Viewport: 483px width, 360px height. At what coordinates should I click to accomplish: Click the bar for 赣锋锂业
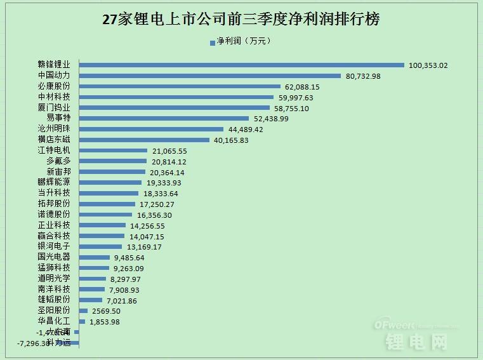(x=241, y=65)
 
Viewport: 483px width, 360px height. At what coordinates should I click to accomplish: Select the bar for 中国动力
(x=209, y=76)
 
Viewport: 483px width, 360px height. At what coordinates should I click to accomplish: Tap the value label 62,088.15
(x=302, y=86)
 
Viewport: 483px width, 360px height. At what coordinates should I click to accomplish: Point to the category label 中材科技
(x=54, y=97)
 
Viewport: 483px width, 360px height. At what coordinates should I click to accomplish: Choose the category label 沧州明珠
(x=54, y=129)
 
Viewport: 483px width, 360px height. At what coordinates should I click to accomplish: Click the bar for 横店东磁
(x=144, y=140)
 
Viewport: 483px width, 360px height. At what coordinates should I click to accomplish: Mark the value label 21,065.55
(x=170, y=150)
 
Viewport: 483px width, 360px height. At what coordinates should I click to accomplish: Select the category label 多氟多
(x=58, y=161)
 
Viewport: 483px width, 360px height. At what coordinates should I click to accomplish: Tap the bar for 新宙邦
(x=112, y=172)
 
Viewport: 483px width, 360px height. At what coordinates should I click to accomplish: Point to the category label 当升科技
(x=54, y=193)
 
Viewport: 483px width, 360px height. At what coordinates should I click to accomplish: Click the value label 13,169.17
(x=144, y=246)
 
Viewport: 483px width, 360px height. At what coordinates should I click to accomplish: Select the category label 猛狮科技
(x=54, y=268)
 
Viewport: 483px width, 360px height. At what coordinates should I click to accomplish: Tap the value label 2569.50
(x=106, y=311)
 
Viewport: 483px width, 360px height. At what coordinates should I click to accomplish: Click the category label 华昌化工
(x=54, y=321)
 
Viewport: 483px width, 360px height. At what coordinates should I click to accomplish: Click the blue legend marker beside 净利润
(x=212, y=43)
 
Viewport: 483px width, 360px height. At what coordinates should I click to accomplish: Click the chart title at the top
(x=241, y=19)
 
